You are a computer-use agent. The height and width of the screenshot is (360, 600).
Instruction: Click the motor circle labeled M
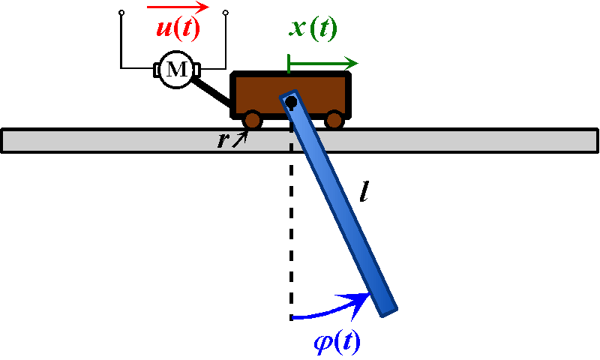(176, 70)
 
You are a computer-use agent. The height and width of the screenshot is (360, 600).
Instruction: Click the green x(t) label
(313, 28)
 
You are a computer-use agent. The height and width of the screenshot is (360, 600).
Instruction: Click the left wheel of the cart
(252, 119)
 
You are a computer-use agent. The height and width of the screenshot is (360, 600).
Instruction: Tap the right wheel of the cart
(334, 119)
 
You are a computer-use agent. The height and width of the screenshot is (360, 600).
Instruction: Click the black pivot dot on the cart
(290, 100)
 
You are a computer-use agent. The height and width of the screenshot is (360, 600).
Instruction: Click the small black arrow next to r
(240, 137)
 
